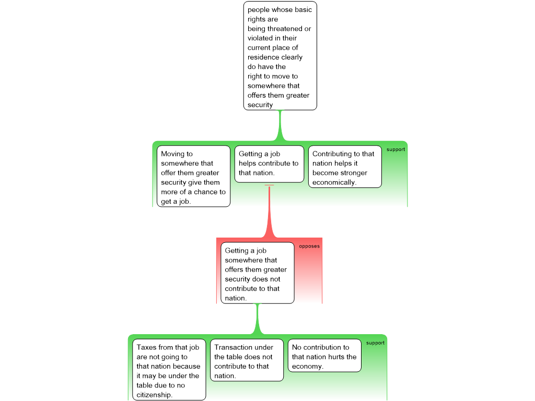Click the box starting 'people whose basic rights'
click(x=280, y=55)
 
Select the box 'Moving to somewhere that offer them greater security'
click(x=193, y=176)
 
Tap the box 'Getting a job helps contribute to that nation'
click(x=269, y=164)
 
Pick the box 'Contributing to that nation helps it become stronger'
click(x=345, y=167)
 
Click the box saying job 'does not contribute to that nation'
click(x=257, y=273)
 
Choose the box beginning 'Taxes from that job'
click(x=169, y=370)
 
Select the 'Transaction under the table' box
click(x=247, y=360)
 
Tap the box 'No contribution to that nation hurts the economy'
click(x=324, y=355)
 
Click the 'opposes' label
click(x=309, y=246)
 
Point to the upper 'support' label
click(x=396, y=149)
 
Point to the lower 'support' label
click(x=375, y=343)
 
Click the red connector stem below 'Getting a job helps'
click(x=269, y=211)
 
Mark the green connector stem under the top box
click(x=280, y=125)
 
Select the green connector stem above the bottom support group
click(x=258, y=319)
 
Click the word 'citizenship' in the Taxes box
click(x=154, y=395)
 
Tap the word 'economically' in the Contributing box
click(x=333, y=182)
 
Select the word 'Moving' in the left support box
click(x=172, y=154)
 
